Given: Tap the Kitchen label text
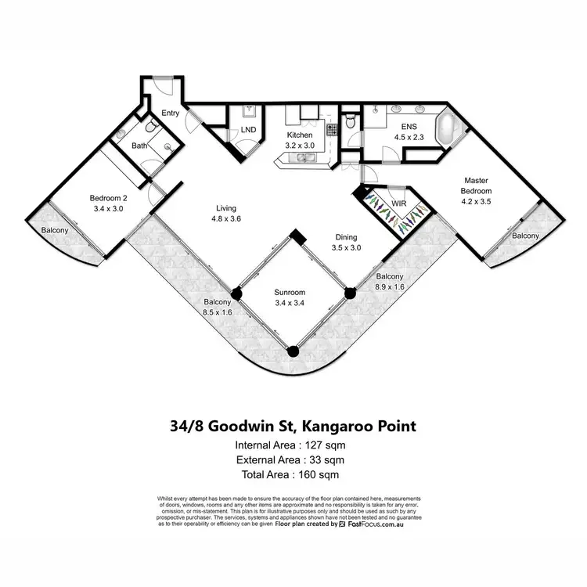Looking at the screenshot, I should tap(300, 134).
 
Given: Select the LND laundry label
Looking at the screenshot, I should tap(247, 130).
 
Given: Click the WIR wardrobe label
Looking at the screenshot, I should tap(399, 203).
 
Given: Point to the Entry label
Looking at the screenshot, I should tap(171, 113).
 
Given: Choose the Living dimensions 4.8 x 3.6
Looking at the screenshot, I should tap(226, 219).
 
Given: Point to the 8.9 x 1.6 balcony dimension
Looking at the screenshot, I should tap(389, 288).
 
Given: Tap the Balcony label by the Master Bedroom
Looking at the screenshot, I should tap(525, 236).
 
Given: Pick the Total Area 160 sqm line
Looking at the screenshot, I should tap(293, 474).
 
